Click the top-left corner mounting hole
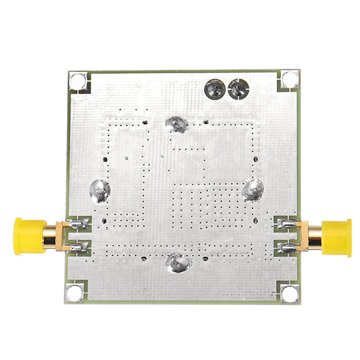76,80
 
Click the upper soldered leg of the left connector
78,224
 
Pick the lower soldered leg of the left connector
78,245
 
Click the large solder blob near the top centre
176,124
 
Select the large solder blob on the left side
100,191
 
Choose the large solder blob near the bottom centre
177,262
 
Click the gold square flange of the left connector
61,235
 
